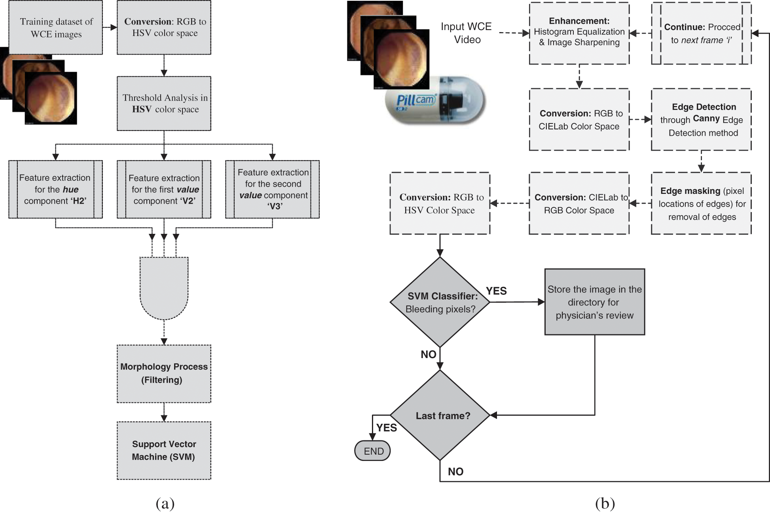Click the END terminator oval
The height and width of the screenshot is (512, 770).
(372, 451)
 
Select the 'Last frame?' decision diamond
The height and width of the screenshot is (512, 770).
(440, 415)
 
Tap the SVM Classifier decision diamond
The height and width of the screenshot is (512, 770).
(440, 302)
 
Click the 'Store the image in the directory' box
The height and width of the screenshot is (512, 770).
(594, 302)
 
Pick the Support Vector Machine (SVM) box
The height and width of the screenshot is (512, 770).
(164, 450)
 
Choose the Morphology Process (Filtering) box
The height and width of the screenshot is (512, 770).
(164, 374)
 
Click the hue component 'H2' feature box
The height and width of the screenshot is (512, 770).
(55, 189)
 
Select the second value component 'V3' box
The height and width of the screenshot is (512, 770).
(272, 189)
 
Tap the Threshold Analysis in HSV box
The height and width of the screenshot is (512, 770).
(164, 103)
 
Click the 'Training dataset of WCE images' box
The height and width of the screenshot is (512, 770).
(56, 27)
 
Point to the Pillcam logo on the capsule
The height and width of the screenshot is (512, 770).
(415, 99)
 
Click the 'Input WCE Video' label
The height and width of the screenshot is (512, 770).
(467, 33)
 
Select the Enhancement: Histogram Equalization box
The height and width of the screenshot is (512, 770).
(579, 33)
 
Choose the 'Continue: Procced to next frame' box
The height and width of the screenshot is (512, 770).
(701, 33)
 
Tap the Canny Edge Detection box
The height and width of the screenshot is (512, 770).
(701, 119)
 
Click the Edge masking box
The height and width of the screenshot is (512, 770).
(701, 203)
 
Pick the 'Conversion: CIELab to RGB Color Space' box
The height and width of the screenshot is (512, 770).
(579, 203)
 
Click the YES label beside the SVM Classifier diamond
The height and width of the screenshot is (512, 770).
(496, 291)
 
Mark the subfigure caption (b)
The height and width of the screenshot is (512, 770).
(605, 503)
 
